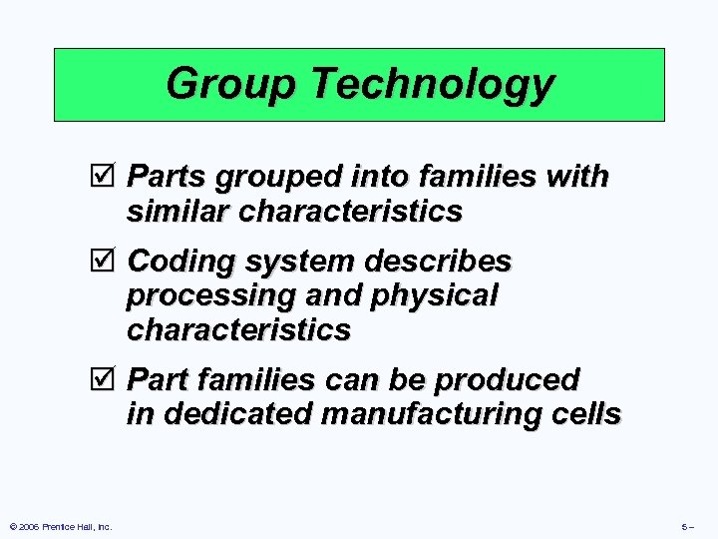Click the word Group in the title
coord(230,84)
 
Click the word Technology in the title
coord(432,84)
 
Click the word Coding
coord(179,263)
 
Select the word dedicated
coord(232,414)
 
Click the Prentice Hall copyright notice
coord(62,526)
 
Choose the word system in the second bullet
coord(291,263)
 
